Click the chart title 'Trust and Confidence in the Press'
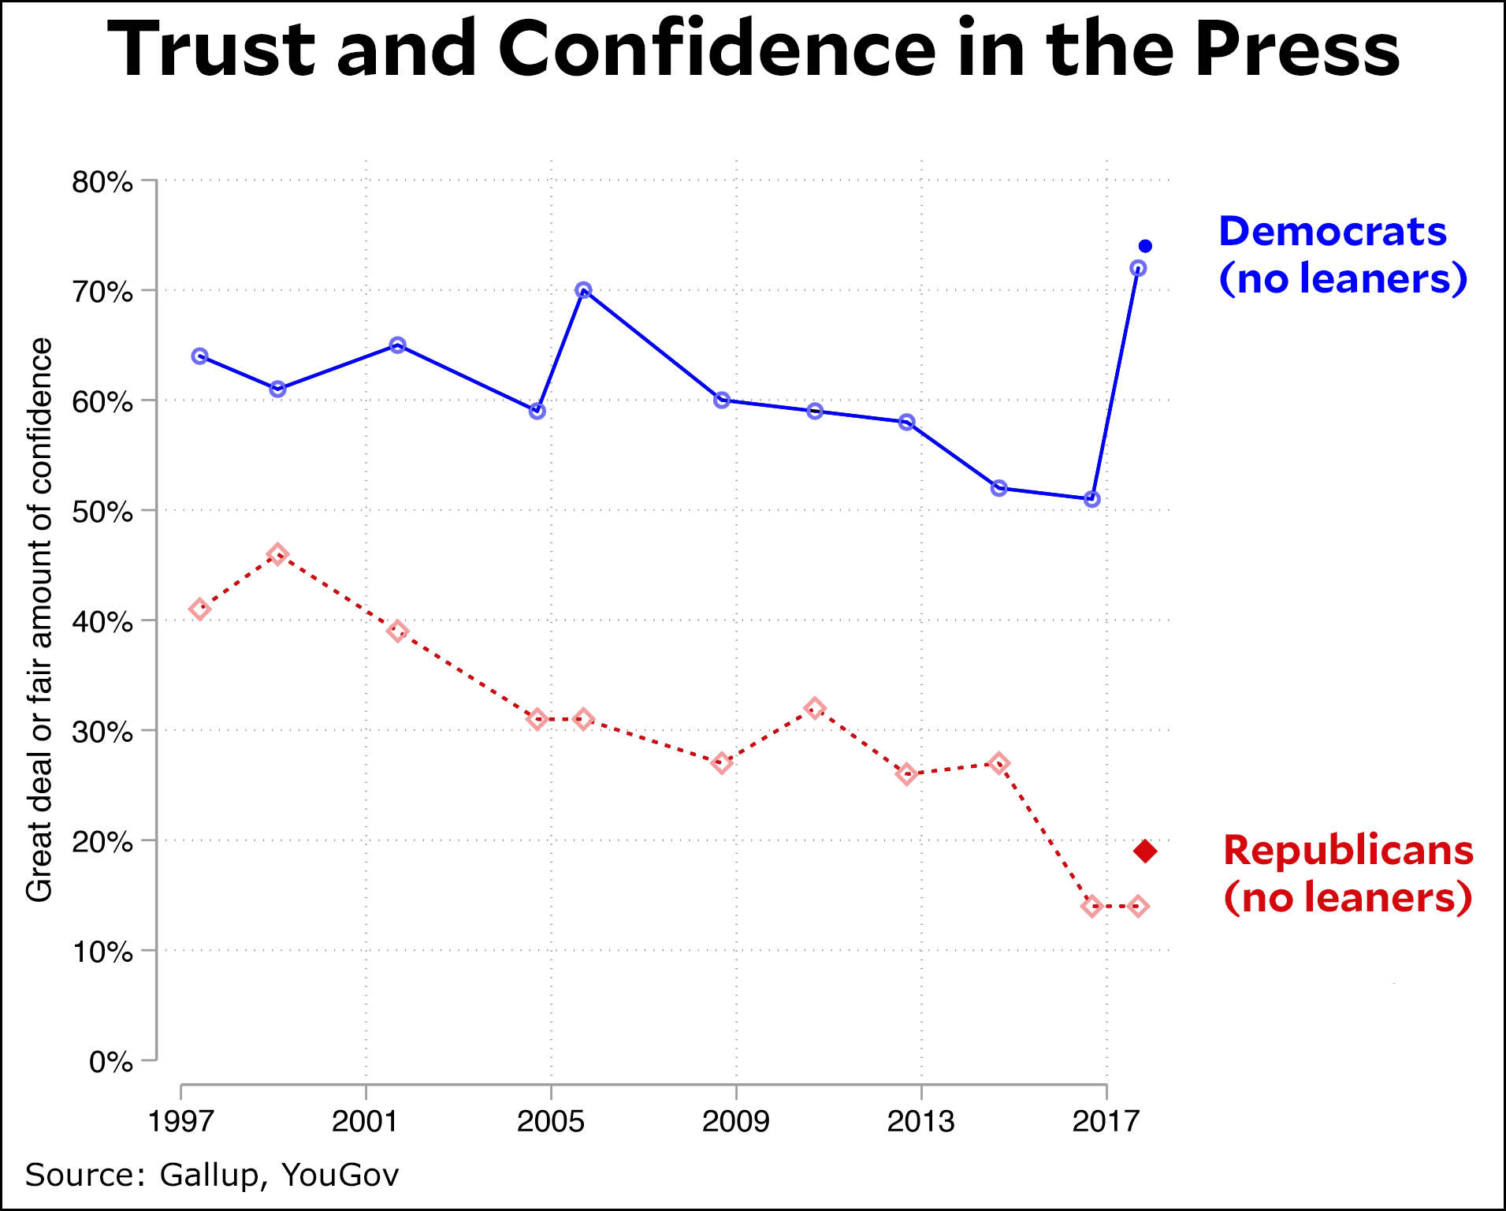(x=753, y=49)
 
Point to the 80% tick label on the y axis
(x=102, y=182)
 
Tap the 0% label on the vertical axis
(x=110, y=1062)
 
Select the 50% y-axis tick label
(x=102, y=512)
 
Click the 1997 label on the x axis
(x=181, y=1120)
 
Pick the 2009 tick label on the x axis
(x=735, y=1120)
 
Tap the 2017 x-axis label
(x=1106, y=1120)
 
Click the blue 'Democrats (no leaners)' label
(x=1341, y=255)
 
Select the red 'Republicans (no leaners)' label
(x=1348, y=874)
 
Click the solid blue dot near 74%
(x=1145, y=247)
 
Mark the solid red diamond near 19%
(x=1145, y=851)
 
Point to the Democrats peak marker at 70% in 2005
(x=583, y=290)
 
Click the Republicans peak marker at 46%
(x=277, y=554)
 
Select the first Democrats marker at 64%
(x=200, y=356)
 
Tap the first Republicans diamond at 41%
(x=200, y=609)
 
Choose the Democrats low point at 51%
(x=1091, y=499)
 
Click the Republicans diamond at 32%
(x=816, y=708)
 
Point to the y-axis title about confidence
(x=39, y=620)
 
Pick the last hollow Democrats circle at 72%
(x=1138, y=269)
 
